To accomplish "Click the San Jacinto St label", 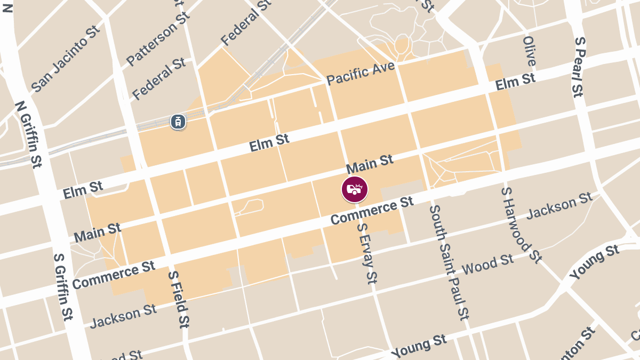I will click(66, 58).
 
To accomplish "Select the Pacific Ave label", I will click(361, 74).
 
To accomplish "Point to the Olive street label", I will click(529, 51).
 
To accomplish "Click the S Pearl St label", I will click(579, 67).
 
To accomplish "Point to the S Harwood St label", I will click(521, 225).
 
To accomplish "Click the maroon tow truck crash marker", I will click(355, 189).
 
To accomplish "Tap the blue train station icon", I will click(178, 122).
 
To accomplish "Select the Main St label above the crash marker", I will click(370, 164).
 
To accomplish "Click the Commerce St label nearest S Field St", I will click(113, 275).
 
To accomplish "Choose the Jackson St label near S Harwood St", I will click(559, 206).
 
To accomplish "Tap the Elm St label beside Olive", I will click(515, 82).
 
